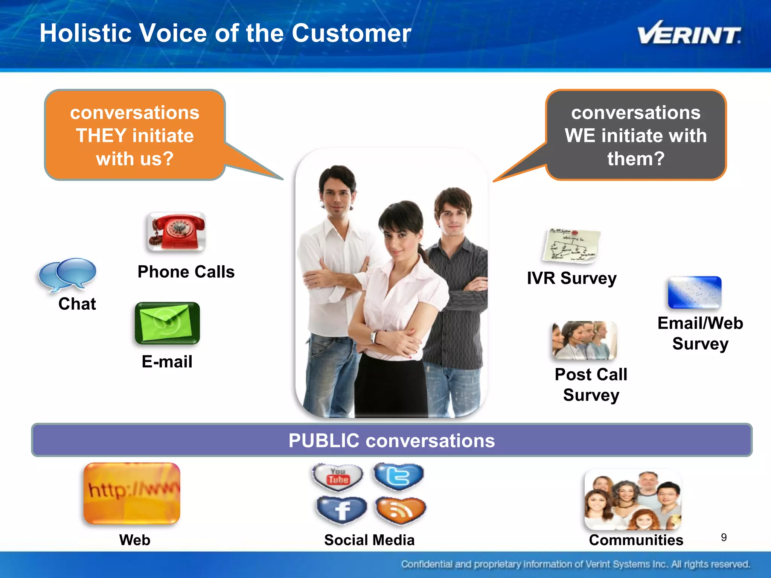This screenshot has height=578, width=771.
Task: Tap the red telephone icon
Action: (x=176, y=231)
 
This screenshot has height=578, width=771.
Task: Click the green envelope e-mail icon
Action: (x=167, y=323)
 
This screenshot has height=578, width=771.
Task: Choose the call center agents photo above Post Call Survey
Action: (x=584, y=340)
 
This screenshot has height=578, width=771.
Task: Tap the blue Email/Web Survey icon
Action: (x=695, y=292)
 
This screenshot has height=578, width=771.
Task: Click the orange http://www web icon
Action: (x=132, y=493)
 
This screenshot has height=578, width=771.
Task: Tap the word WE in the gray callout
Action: (x=580, y=135)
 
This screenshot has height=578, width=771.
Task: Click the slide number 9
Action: (x=724, y=537)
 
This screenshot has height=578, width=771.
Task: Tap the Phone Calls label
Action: (x=186, y=272)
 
